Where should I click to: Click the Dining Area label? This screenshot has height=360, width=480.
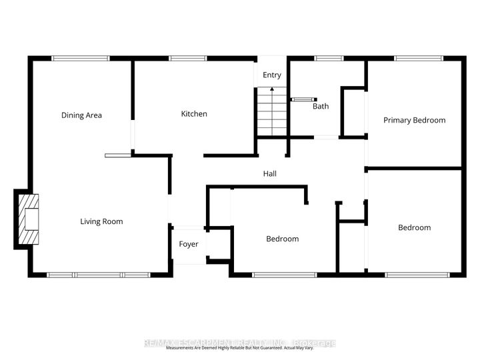pyautogui.click(x=81, y=115)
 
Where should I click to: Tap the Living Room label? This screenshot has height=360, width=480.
pyautogui.click(x=101, y=221)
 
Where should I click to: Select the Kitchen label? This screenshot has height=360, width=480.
pyautogui.click(x=194, y=114)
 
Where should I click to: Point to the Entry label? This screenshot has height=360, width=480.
pyautogui.click(x=272, y=75)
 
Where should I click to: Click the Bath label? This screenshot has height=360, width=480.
pyautogui.click(x=321, y=106)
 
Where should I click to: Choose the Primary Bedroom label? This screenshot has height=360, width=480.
pyautogui.click(x=414, y=120)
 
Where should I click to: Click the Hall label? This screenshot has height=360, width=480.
pyautogui.click(x=270, y=173)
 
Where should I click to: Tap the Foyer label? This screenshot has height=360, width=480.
pyautogui.click(x=189, y=244)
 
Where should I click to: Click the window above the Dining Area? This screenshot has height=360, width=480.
pyautogui.click(x=81, y=58)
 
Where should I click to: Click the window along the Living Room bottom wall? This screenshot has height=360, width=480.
pyautogui.click(x=98, y=275)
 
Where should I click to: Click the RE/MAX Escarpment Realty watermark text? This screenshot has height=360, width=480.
pyautogui.click(x=240, y=343)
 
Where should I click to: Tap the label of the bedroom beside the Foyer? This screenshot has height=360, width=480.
pyautogui.click(x=282, y=239)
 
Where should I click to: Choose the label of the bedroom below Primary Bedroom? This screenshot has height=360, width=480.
pyautogui.click(x=414, y=227)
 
